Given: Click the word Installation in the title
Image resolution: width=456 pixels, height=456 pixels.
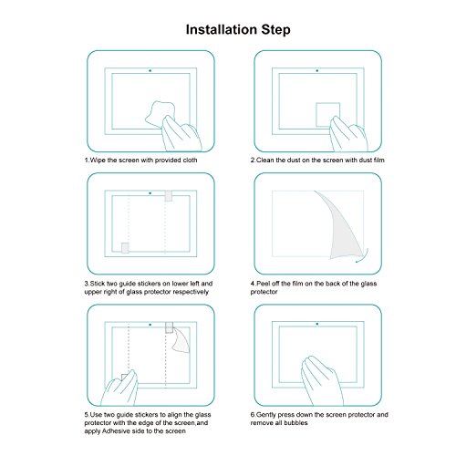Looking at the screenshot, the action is point(222,29).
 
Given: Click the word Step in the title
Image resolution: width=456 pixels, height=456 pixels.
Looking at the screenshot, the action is point(275,30).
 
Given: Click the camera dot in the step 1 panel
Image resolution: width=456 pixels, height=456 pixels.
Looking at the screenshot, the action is point(150,70).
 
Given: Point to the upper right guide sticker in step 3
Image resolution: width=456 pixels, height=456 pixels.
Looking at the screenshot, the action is point(169,196).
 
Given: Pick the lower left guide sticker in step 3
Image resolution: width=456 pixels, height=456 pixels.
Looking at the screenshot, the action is point(125,248).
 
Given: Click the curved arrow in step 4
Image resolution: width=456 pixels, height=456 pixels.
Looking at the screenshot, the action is point(363,256).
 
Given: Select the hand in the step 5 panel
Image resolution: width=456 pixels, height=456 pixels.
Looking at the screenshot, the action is point(119,388).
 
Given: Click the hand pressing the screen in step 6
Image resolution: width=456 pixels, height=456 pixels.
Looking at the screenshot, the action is point(322,380).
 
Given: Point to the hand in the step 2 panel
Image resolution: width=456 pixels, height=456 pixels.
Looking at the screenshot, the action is point(348,134).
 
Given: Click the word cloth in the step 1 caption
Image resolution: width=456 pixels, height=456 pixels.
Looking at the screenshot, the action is point(190,160).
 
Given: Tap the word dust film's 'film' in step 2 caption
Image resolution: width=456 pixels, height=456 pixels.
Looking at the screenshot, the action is point(378,160).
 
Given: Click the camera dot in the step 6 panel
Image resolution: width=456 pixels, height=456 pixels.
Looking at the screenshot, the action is point(317,324).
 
